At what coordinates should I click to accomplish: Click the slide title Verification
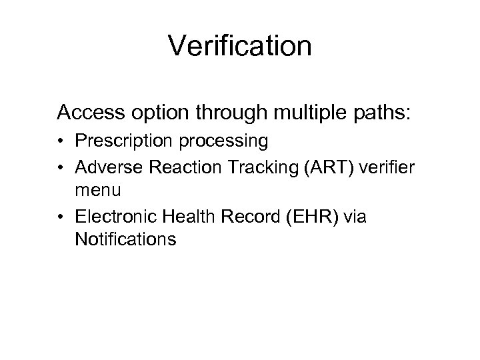tap(239, 46)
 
